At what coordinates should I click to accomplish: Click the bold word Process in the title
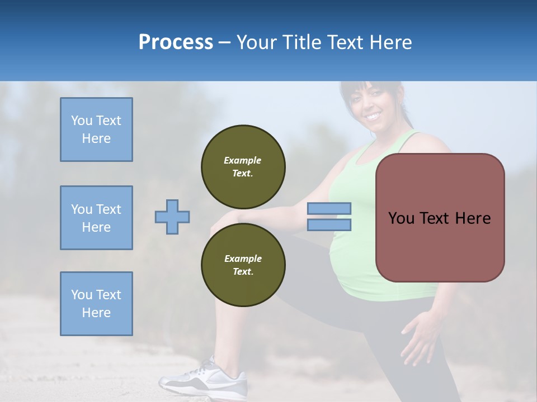(176, 42)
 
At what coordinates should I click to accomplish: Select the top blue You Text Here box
(96, 130)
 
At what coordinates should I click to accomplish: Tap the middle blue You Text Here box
(96, 218)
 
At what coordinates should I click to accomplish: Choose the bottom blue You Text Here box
(96, 304)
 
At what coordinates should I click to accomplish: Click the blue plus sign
(172, 217)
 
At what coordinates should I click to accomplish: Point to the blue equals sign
(329, 217)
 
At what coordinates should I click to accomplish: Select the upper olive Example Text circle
(243, 167)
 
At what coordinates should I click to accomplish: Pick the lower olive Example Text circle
(243, 265)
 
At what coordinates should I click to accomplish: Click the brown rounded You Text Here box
(440, 218)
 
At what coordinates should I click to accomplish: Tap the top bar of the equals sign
(329, 209)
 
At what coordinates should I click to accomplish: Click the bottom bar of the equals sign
(329, 224)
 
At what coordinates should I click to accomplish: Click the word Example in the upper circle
(243, 160)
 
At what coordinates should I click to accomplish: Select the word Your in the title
(256, 42)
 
